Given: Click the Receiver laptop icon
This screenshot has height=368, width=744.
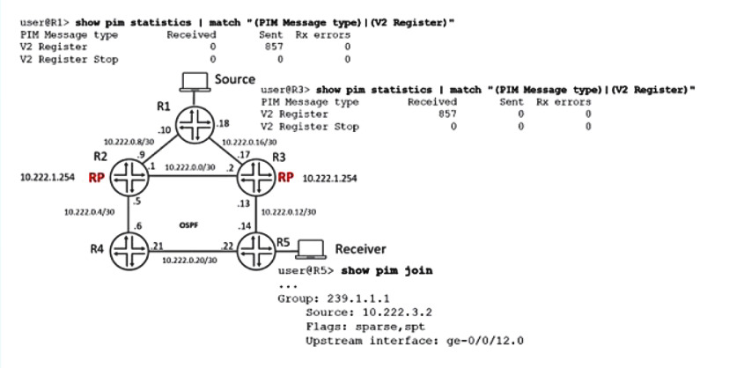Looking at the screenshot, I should coord(312,248).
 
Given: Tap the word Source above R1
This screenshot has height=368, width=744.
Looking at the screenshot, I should coord(235,80).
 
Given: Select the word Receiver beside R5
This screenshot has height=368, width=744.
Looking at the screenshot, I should coord(359,249).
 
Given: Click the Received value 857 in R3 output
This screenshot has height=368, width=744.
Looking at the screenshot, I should coord(448,114).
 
